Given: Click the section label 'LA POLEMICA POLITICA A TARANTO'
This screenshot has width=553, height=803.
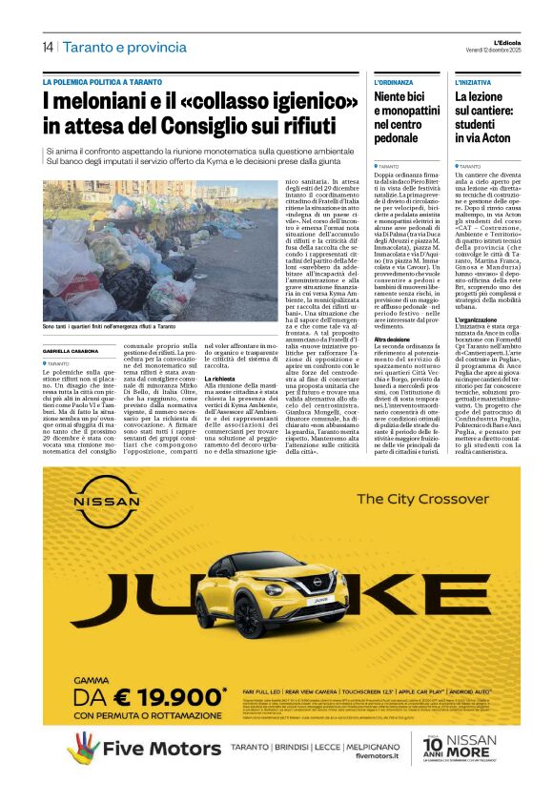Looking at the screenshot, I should click(x=101, y=83).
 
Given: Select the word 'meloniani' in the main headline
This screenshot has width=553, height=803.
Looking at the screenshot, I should click(x=100, y=100).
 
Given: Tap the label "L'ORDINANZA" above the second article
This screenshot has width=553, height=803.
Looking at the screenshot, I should click(x=394, y=83).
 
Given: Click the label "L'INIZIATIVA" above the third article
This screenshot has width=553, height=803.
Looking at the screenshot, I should click(x=473, y=83).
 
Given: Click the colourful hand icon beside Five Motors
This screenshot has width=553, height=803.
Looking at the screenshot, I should click(x=83, y=747).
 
